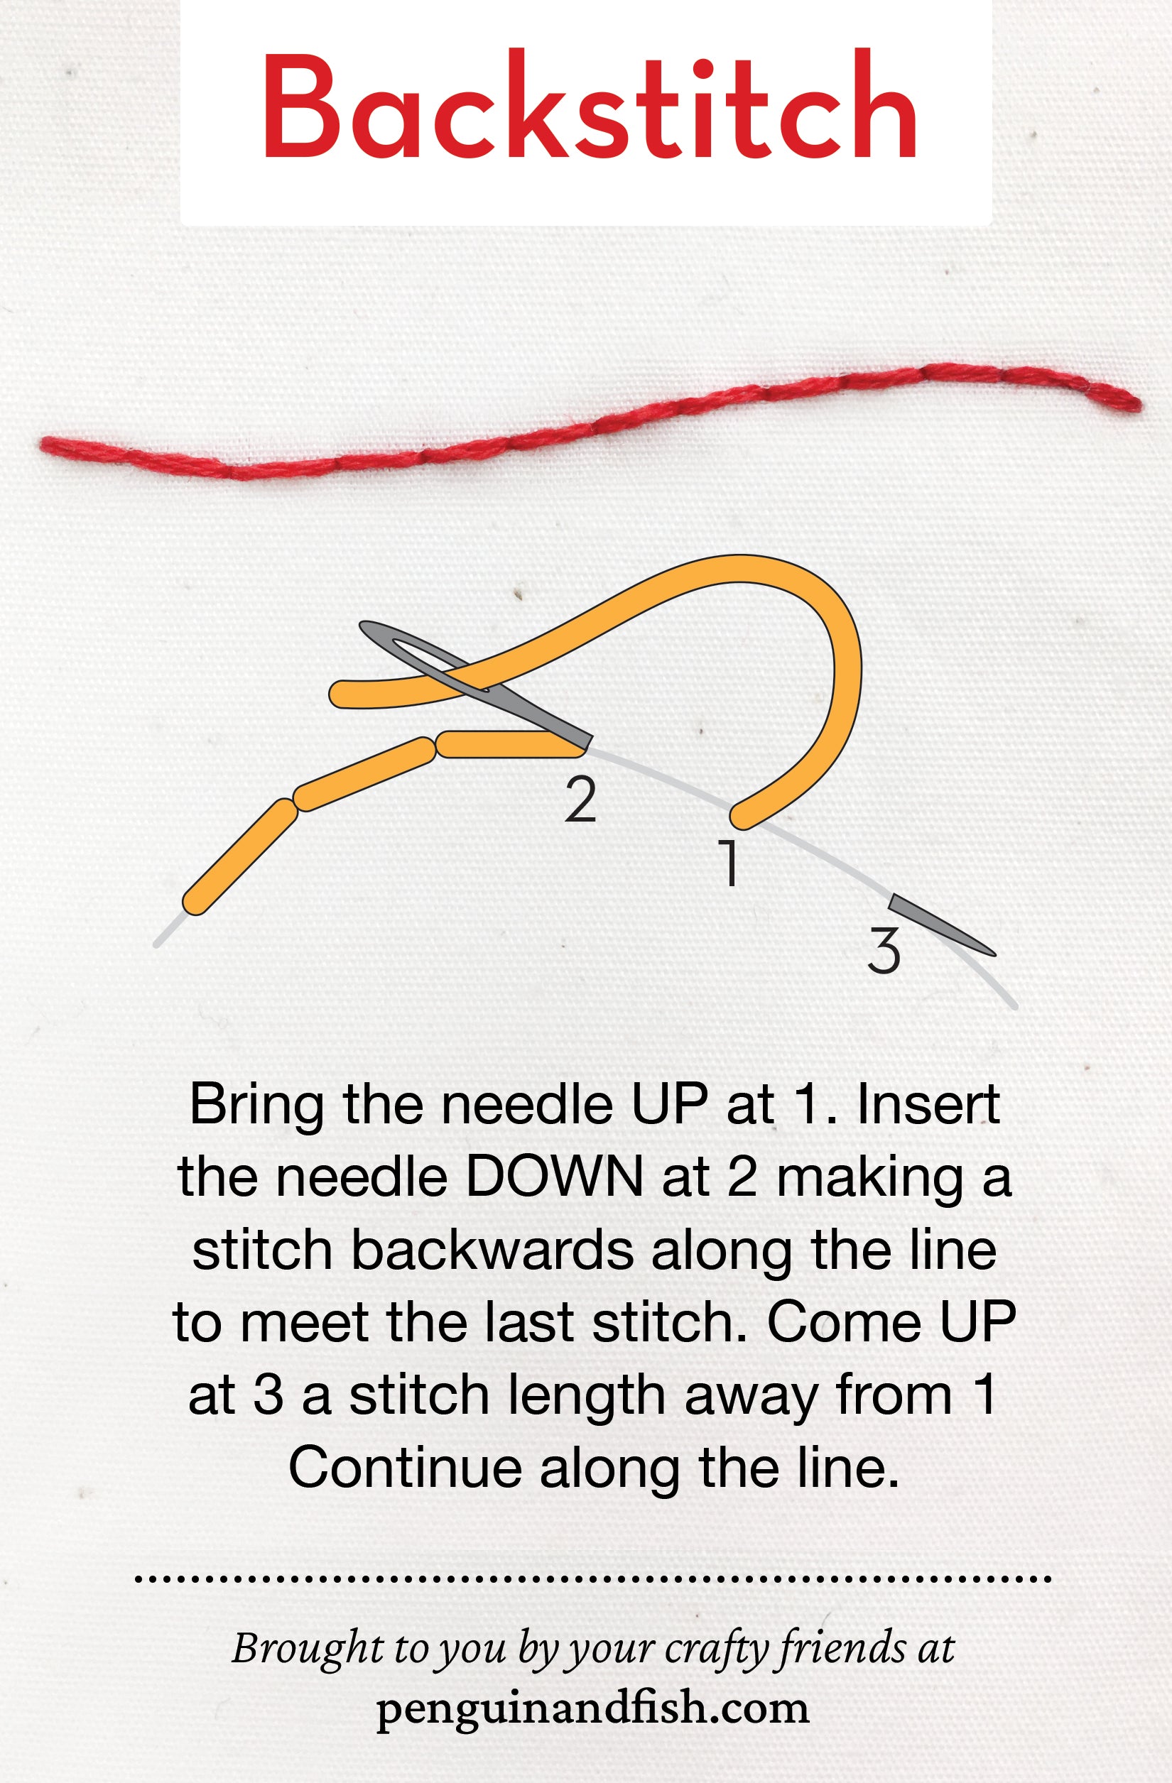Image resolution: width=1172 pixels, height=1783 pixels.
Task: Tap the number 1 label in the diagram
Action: click(727, 862)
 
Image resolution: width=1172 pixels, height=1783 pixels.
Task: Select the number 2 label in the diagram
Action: click(581, 800)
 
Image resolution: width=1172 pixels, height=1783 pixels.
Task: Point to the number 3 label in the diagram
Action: click(884, 951)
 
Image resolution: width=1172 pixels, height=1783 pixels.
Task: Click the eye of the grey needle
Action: click(420, 652)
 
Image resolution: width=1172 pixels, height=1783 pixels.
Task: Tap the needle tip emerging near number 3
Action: click(995, 954)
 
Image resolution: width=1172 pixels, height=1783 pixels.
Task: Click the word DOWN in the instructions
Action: click(555, 1177)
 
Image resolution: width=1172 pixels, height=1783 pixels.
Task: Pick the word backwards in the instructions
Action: click(492, 1250)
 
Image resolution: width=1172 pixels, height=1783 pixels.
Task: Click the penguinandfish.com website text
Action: click(592, 1709)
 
